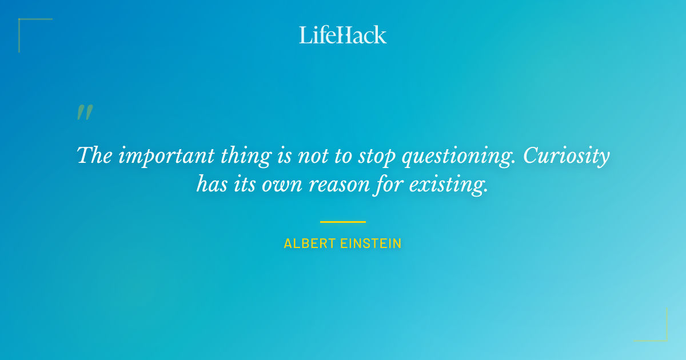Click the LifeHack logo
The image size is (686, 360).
click(x=343, y=35)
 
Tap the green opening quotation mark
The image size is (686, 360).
click(x=84, y=113)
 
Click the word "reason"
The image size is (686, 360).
click(x=333, y=184)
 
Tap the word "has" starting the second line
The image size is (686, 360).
click(x=210, y=184)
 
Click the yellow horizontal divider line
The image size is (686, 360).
click(x=343, y=222)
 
